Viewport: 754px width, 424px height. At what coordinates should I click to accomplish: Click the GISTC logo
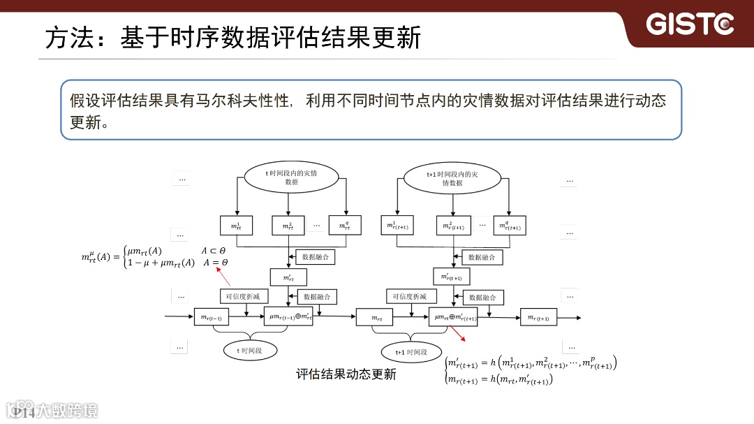[690, 24]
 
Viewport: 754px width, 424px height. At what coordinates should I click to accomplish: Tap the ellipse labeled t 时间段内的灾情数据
[291, 177]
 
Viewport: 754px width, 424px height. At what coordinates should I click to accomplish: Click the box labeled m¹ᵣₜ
[237, 226]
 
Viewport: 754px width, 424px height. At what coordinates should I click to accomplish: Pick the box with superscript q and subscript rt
[345, 226]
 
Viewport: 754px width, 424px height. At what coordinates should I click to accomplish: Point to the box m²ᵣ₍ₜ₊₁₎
[452, 226]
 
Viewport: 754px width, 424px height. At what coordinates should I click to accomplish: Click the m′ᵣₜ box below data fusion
[288, 277]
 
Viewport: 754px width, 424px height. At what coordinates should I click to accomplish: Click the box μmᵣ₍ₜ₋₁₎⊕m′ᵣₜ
[290, 316]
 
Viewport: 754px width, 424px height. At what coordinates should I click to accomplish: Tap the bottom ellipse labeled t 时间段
[249, 350]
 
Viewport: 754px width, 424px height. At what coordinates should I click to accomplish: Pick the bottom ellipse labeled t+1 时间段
[411, 352]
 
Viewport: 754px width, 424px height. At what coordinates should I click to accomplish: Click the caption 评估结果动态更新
[346, 374]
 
